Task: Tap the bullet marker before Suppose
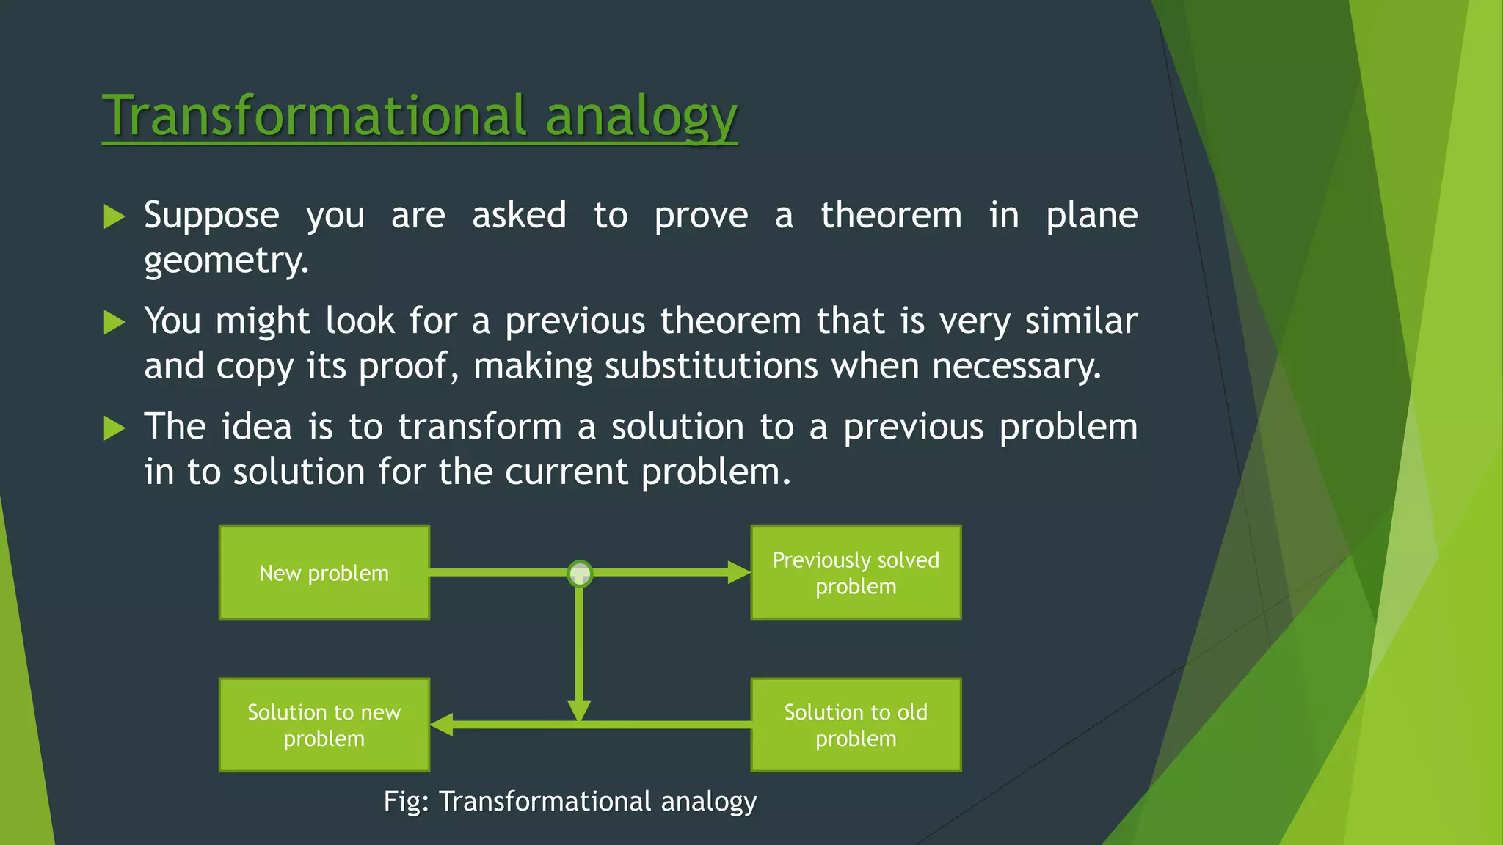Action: [x=114, y=216]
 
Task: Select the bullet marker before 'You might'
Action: [x=114, y=322]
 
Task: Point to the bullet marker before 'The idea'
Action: [x=114, y=428]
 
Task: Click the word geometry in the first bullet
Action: [x=225, y=260]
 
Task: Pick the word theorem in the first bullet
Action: [x=890, y=216]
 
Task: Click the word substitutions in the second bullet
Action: [x=710, y=366]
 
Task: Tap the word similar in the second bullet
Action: [x=1080, y=321]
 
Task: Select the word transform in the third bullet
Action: [x=479, y=427]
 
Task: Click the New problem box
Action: [x=324, y=573]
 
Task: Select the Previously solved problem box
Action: [x=856, y=573]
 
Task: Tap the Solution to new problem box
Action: [x=324, y=725]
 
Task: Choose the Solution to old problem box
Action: [x=856, y=725]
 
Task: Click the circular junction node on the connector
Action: [x=580, y=573]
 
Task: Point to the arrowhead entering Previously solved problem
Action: [x=738, y=573]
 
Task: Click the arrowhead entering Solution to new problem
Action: [x=442, y=725]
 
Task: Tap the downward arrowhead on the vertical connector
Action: [x=579, y=710]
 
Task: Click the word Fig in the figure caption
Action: [x=402, y=801]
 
